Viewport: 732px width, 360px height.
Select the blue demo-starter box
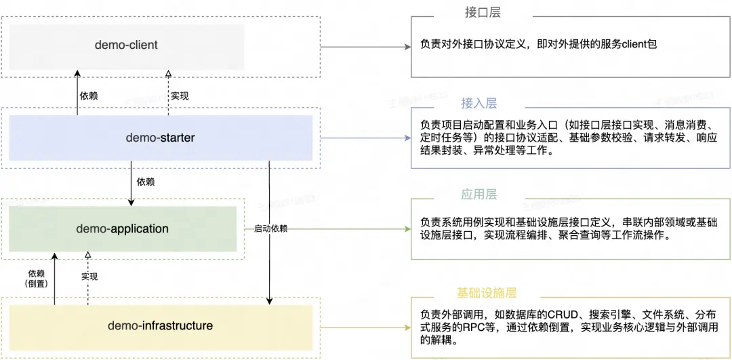pos(161,138)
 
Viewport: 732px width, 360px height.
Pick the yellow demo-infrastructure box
pos(161,326)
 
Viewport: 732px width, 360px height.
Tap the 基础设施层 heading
pos(486,294)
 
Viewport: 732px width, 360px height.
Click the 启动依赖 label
pos(270,228)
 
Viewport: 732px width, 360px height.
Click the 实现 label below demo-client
pos(179,95)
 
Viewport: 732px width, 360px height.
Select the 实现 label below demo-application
pos(89,277)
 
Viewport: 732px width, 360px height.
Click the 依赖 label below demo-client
pos(89,95)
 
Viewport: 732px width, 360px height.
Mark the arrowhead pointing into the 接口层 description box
pos(406,47)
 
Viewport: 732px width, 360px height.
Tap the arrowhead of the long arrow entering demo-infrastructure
pos(269,301)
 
